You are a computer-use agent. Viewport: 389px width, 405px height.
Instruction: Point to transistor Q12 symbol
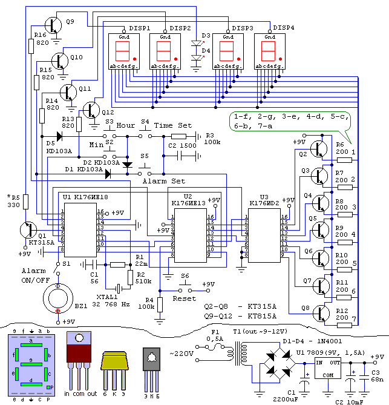[91, 111]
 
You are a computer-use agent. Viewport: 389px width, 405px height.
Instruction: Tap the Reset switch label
[184, 298]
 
